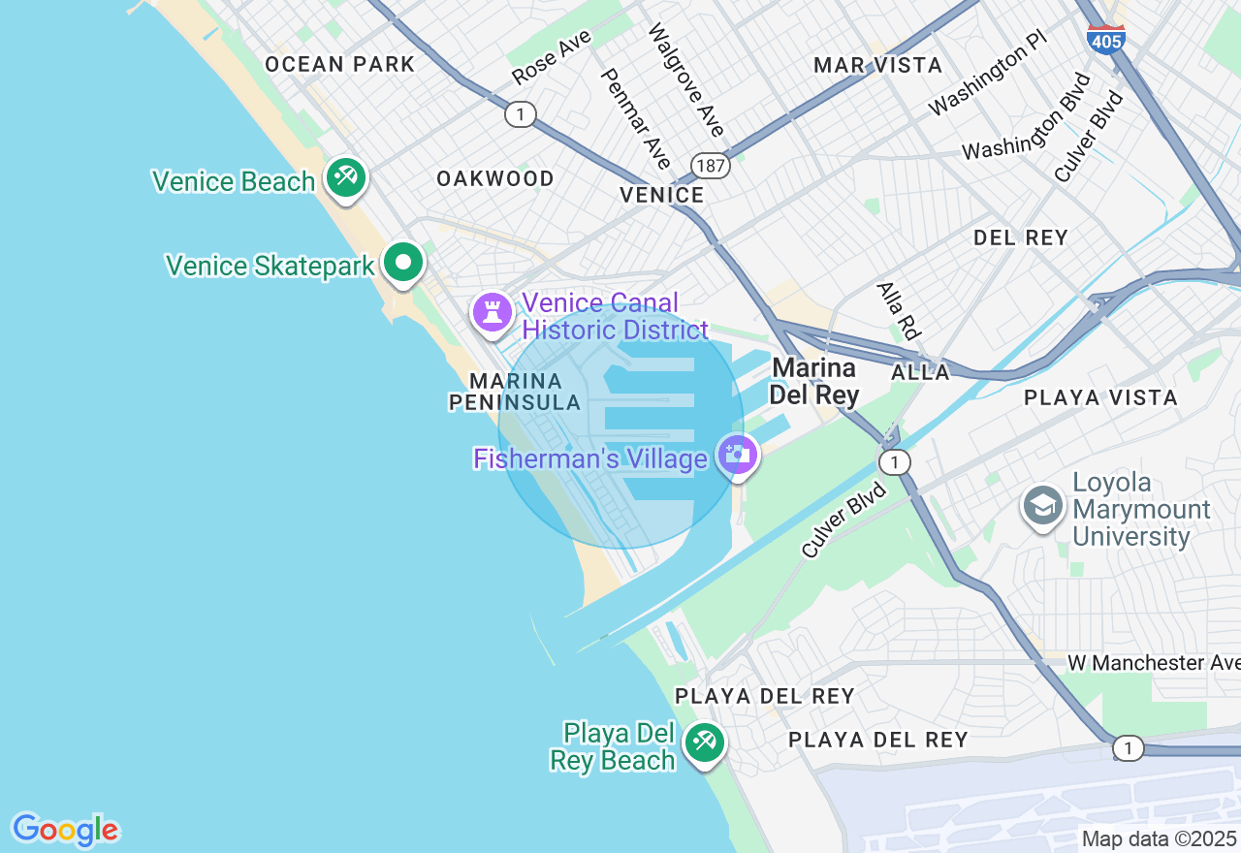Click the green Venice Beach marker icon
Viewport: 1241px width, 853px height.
345,177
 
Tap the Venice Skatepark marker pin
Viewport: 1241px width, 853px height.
403,262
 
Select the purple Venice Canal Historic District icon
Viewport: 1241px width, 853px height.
493,312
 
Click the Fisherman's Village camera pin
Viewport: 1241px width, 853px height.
738,455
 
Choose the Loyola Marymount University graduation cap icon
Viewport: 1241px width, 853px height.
1043,505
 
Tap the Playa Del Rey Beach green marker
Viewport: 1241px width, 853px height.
704,743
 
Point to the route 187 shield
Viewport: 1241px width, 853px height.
711,166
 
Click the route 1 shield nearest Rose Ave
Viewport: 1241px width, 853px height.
521,114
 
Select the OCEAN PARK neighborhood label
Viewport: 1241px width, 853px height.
339,65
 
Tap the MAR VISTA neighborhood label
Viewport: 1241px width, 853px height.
877,65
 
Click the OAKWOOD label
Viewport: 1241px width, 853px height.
494,178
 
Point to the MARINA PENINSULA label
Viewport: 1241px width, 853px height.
515,392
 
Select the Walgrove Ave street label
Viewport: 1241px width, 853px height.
686,79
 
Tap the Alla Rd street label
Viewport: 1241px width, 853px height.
898,310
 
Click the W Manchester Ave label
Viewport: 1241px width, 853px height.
1153,663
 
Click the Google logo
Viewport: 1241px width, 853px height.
65,830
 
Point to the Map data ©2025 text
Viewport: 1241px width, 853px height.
1159,838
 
